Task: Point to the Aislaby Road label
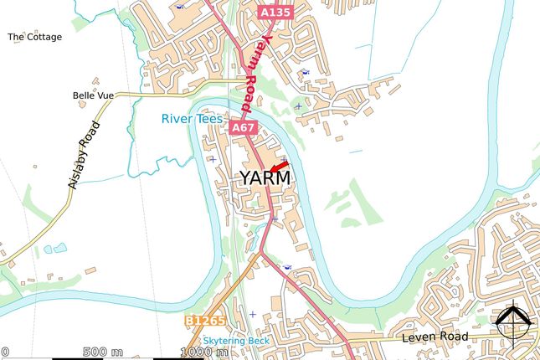click(x=85, y=156)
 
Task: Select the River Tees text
click(x=192, y=120)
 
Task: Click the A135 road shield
click(x=275, y=13)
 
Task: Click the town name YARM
click(x=265, y=178)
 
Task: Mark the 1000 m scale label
click(x=204, y=352)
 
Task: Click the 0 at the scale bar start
click(x=4, y=352)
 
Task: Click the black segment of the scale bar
click(x=79, y=358)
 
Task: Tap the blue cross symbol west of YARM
click(x=212, y=159)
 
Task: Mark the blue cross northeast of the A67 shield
click(x=298, y=105)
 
